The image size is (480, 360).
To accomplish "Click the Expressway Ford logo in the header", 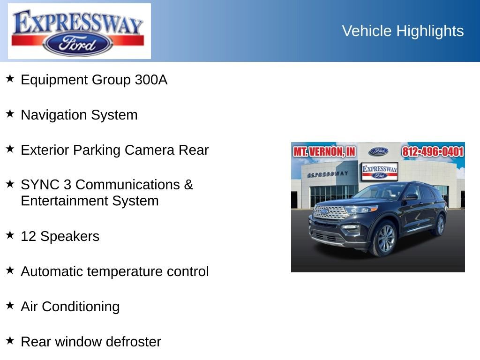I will point(79,31).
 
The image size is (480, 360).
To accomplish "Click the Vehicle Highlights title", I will point(403,31).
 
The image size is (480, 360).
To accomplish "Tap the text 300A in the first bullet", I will point(151,80).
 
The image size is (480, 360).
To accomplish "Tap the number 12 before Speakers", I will point(28,236).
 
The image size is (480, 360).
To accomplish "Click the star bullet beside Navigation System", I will point(10,114).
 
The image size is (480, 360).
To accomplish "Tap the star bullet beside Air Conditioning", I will point(10,305).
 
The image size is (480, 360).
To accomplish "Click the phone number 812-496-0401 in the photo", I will point(433,152).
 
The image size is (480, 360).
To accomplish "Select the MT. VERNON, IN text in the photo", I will point(324,152).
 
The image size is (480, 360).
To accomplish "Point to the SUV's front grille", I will point(330,212).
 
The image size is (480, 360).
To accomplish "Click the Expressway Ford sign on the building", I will point(379,172).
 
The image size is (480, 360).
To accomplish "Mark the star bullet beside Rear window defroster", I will point(10,340).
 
